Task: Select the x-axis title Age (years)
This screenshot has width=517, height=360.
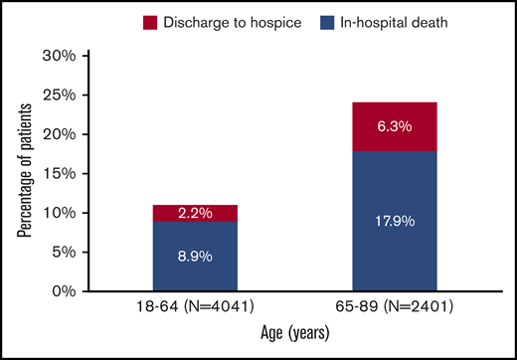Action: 288,339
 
